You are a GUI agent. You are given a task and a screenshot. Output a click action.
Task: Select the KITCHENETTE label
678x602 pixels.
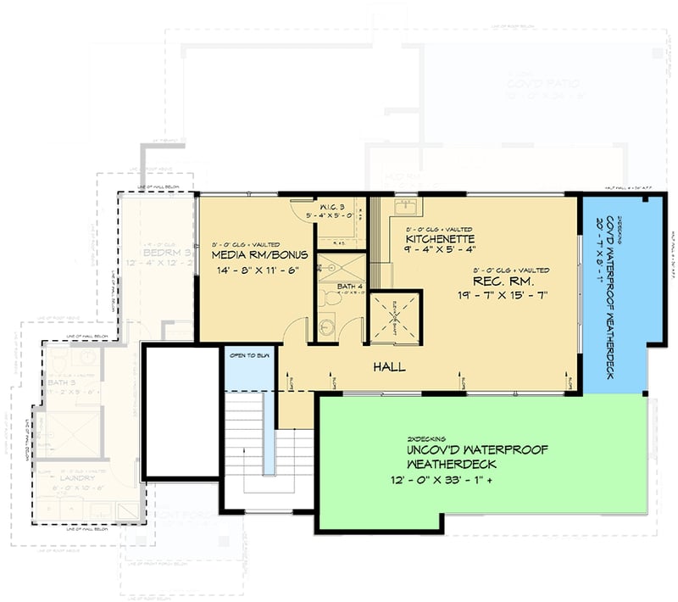440,240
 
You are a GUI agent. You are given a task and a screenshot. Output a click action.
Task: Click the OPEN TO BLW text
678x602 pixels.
247,355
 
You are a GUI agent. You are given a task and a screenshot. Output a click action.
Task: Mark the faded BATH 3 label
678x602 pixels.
64,383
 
